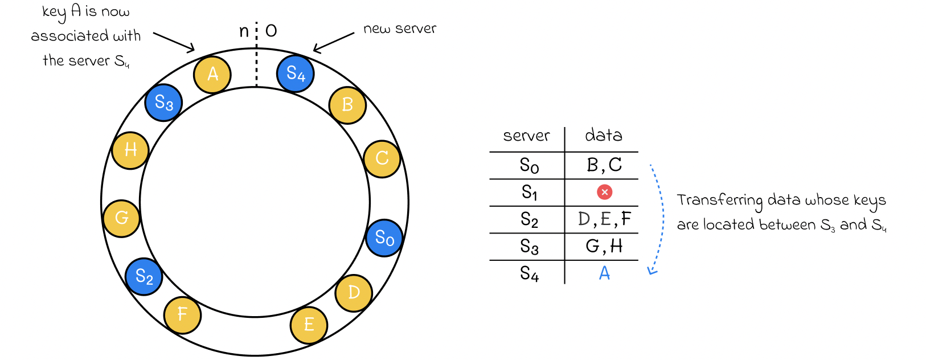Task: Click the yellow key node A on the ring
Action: (x=212, y=75)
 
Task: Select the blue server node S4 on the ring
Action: (x=295, y=73)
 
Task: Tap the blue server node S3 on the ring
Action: (x=163, y=103)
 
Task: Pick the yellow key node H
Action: (x=130, y=150)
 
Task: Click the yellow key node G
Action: (x=121, y=218)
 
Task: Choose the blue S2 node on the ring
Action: (x=144, y=276)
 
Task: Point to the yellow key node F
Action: (x=182, y=315)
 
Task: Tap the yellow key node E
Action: (x=309, y=325)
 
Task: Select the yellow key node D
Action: (x=354, y=293)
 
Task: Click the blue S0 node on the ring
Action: (x=384, y=238)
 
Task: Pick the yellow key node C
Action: (x=382, y=159)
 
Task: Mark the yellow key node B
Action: (x=347, y=105)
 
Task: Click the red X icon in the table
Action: (x=604, y=192)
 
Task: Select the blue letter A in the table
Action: (x=604, y=273)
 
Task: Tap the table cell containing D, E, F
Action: (x=602, y=219)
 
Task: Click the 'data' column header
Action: (x=604, y=135)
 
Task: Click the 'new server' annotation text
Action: (x=400, y=28)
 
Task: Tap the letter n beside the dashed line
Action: (x=244, y=31)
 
